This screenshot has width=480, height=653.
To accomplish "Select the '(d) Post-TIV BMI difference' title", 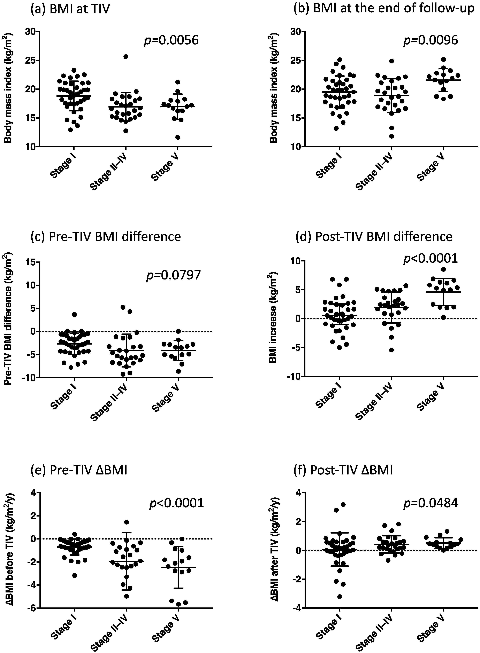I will [x=374, y=237].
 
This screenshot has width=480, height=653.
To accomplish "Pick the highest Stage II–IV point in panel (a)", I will [x=126, y=57].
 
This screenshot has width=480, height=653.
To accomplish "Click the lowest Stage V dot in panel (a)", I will [x=177, y=137].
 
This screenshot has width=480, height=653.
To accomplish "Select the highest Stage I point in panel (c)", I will [x=74, y=314].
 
